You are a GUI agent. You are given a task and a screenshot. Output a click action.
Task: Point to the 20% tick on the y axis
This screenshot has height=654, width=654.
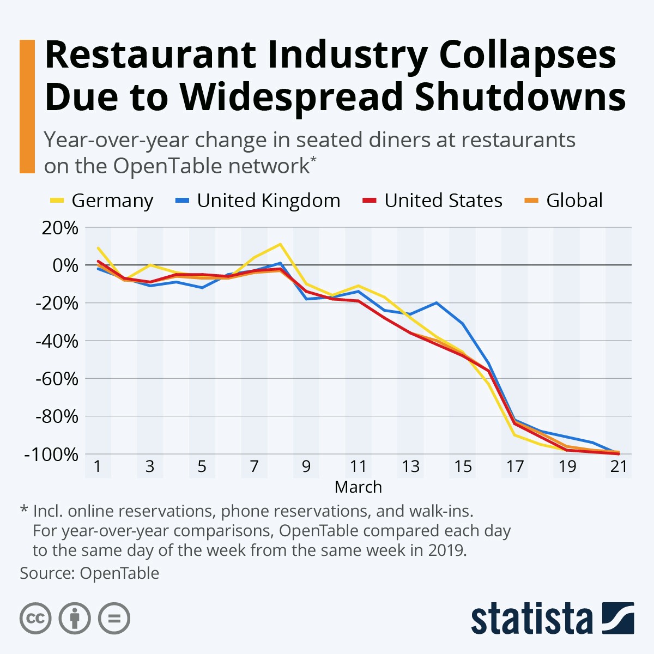(60, 228)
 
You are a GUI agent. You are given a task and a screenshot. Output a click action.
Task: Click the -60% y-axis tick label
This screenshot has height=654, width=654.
(57, 379)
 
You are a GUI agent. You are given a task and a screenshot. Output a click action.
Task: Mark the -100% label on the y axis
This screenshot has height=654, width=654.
(51, 454)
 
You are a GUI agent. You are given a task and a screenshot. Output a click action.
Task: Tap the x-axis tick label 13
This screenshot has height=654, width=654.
(410, 467)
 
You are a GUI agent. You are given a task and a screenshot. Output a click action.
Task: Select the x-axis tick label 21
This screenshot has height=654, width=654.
(619, 467)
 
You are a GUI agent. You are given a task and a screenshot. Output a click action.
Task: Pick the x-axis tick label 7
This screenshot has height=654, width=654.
(254, 467)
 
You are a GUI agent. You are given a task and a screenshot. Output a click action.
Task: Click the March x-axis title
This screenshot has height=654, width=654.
(358, 487)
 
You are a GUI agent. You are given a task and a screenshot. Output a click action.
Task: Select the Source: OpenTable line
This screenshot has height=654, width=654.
(89, 573)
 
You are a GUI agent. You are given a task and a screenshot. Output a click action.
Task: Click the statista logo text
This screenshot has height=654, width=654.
(531, 619)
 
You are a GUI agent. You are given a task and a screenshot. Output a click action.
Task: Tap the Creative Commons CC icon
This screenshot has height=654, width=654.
(35, 619)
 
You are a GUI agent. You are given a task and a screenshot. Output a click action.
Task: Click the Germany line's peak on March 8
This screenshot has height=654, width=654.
(280, 244)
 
